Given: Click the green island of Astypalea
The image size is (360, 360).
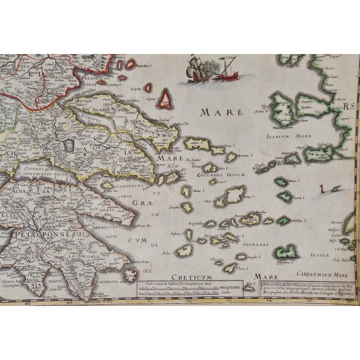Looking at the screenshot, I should (x=289, y=251).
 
